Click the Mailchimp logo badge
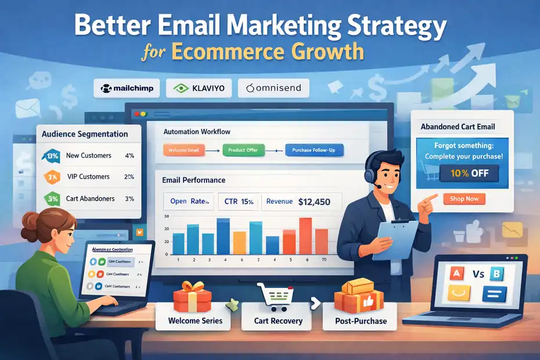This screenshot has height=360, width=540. pos(127,89)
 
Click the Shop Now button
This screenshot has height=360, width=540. pos(464,199)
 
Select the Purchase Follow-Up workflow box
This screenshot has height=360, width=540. pos(314,151)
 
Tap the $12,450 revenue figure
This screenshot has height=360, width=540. pos(314,202)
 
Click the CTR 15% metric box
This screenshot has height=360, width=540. pos(239,202)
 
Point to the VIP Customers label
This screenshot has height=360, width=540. pos(88,177)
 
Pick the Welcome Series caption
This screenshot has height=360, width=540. pos(195,321)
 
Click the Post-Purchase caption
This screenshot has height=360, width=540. pos(361,321)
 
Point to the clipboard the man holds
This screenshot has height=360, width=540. pos(395,235)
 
